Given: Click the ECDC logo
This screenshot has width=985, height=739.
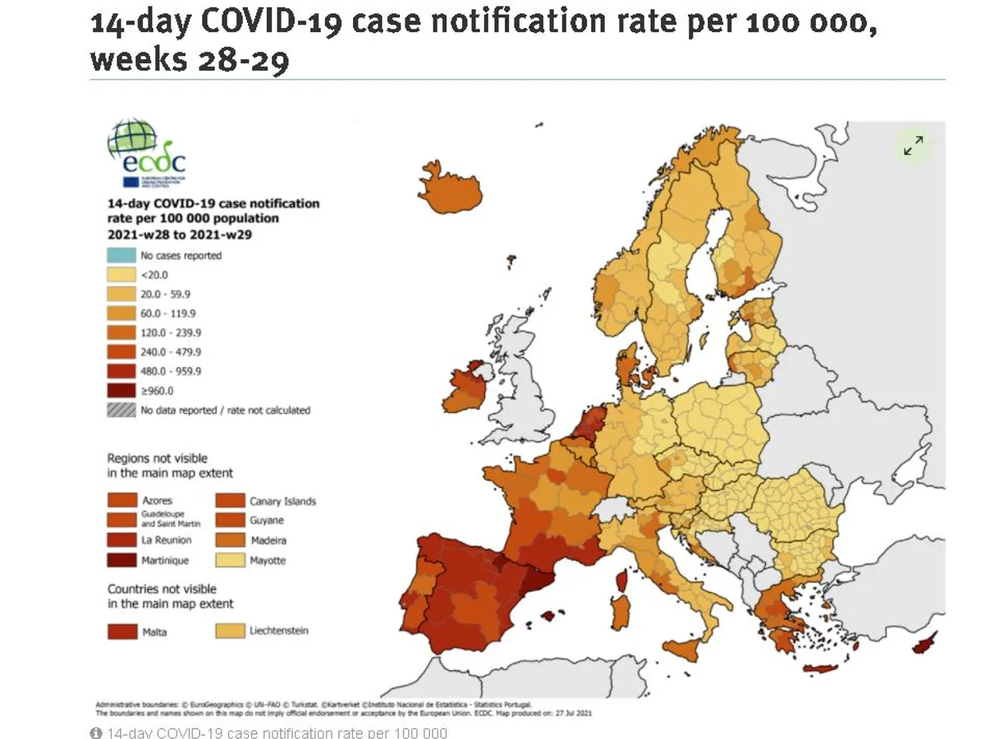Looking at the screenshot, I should pyautogui.click(x=145, y=153).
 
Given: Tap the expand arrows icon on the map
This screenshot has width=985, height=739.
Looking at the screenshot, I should pyautogui.click(x=913, y=145).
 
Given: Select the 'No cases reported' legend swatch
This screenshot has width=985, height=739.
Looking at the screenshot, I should pyautogui.click(x=121, y=255).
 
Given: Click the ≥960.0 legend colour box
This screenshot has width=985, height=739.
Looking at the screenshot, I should pyautogui.click(x=121, y=391).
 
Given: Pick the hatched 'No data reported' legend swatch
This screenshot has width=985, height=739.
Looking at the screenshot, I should pyautogui.click(x=121, y=410).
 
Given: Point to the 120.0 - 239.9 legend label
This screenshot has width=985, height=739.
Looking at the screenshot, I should pyautogui.click(x=171, y=333).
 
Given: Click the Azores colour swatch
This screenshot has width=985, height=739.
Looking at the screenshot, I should pyautogui.click(x=121, y=500).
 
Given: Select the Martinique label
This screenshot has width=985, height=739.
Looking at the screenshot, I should pyautogui.click(x=165, y=561).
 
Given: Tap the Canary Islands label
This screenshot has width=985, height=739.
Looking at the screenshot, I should pyautogui.click(x=282, y=501).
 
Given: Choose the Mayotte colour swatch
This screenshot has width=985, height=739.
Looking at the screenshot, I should pyautogui.click(x=229, y=561).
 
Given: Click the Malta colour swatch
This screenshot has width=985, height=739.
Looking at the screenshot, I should pyautogui.click(x=121, y=631).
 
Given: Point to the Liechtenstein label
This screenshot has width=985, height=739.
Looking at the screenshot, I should pyautogui.click(x=279, y=631).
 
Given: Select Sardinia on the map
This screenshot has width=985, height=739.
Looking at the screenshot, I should pyautogui.click(x=621, y=613).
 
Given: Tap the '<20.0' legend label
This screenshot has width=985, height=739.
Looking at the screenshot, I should pyautogui.click(x=155, y=275).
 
